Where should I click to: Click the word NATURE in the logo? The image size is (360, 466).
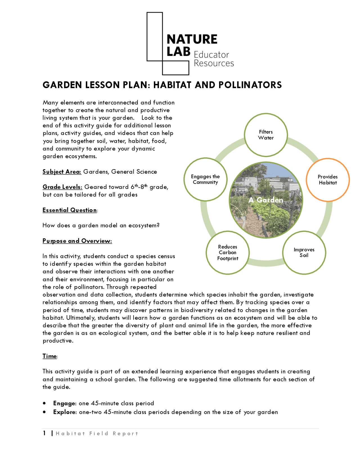click(192, 39)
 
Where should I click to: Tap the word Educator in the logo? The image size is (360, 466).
click(211, 55)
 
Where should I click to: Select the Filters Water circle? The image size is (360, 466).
click(266, 135)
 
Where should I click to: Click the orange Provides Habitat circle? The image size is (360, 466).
click(328, 180)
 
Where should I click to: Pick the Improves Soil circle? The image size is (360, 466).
click(304, 252)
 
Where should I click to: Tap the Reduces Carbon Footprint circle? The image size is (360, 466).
click(228, 252)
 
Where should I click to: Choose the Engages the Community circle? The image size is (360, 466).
click(205, 179)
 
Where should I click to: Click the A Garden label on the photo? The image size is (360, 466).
click(266, 200)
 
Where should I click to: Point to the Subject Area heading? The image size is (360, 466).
click(62, 172)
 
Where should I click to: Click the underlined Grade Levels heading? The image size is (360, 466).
click(62, 187)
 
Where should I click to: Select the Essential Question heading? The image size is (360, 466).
click(69, 210)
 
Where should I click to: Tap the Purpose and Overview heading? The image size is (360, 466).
click(77, 241)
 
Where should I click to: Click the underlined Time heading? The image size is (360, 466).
click(49, 356)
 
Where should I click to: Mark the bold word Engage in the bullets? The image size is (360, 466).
click(64, 403)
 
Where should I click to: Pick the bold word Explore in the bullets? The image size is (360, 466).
click(65, 412)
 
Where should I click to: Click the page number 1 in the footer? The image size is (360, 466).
click(44, 433)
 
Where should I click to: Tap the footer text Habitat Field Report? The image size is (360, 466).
click(97, 434)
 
